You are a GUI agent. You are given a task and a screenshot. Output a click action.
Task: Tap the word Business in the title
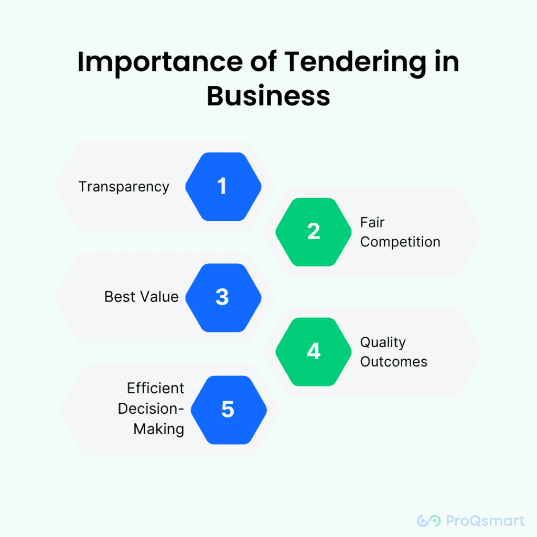point(268,96)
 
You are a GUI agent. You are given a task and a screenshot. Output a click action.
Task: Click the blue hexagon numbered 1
point(223,187)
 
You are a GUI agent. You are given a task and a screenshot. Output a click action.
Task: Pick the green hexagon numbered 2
point(314,232)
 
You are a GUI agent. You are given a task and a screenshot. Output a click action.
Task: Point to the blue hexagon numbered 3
point(223,297)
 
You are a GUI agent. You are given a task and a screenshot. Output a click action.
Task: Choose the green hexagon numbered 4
point(314,351)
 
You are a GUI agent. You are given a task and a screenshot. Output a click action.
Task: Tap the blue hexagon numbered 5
point(228,410)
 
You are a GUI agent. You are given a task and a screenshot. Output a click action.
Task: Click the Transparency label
point(124,187)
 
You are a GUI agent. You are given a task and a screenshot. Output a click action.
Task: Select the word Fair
point(372,222)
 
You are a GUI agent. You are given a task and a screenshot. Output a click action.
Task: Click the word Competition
point(400,242)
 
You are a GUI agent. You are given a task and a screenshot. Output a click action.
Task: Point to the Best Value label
point(142,297)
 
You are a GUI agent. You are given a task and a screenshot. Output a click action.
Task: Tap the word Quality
point(383,342)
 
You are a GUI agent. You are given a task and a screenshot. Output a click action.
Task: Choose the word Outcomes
point(394,362)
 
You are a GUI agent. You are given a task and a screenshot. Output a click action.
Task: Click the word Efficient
point(156,389)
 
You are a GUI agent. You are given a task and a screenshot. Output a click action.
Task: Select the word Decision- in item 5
point(151,409)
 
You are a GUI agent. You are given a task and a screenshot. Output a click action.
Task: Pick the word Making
point(159,429)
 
